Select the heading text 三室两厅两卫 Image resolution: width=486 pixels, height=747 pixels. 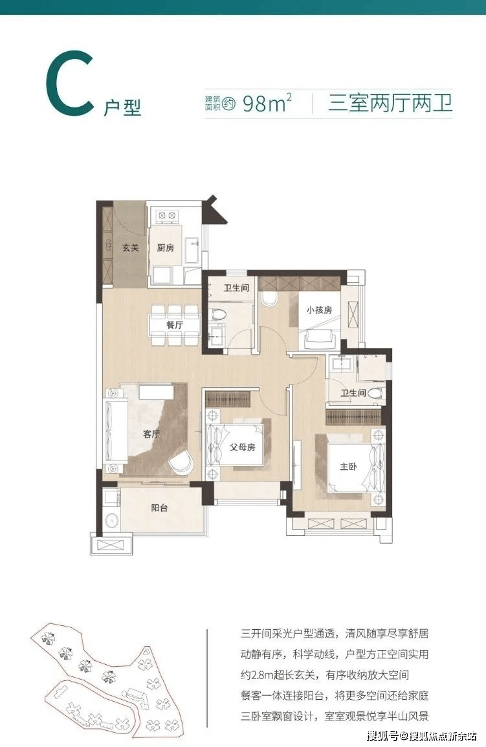coord(390,103)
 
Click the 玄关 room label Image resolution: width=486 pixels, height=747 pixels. coord(130,248)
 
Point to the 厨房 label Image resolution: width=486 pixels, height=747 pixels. coord(165,248)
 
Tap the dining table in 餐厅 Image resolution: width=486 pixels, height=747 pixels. coord(174,326)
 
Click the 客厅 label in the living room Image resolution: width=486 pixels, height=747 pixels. coord(151,434)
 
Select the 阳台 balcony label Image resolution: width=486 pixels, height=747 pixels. coord(160,508)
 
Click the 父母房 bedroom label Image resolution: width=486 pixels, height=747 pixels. coord(243,447)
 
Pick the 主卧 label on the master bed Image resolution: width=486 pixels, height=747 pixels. coord(348,467)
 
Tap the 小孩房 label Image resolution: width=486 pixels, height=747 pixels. coord(319,310)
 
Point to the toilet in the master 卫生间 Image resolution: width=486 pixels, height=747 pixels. coord(375,394)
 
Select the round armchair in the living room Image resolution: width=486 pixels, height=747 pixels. coord(182,462)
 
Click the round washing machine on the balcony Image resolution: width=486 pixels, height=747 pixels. coord(112,520)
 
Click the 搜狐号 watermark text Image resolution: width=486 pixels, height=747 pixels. coord(382,737)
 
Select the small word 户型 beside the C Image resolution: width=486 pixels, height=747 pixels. coord(122,107)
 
